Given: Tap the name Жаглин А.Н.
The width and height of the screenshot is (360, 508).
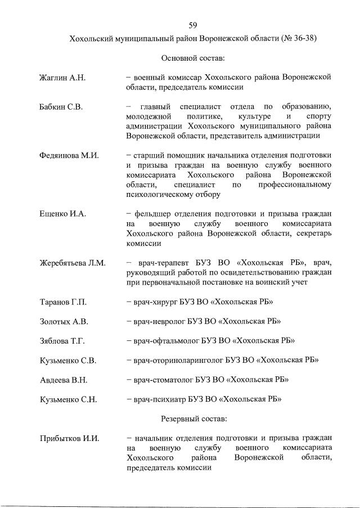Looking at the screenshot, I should point(62,78).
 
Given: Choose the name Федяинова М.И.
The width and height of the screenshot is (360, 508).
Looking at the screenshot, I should point(69,156).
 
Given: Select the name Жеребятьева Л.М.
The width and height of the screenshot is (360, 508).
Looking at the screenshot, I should point(73,263).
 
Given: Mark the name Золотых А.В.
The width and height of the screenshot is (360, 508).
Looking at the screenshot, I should point(64,322).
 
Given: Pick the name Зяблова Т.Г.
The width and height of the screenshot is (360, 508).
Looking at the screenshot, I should point(63,341).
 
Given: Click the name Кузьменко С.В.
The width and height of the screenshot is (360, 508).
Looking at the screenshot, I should point(68,361).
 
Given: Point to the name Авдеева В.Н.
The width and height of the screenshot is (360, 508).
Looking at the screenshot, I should point(64,380).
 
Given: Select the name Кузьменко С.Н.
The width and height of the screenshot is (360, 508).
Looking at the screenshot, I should point(68,399).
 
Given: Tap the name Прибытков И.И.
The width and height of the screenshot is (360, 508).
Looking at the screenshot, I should point(69,438).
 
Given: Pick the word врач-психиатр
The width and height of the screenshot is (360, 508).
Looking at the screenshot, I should point(164,399).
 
